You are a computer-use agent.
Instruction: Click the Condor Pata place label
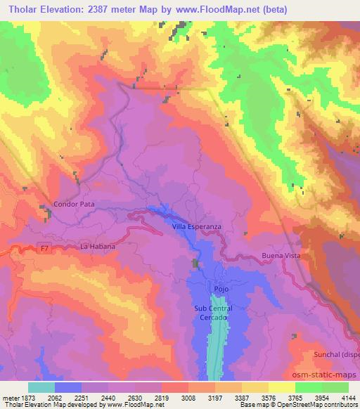[x=74, y=204]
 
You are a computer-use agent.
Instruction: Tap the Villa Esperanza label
[x=197, y=227]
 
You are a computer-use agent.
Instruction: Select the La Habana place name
[x=98, y=247]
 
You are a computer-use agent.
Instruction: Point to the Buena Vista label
[x=281, y=256]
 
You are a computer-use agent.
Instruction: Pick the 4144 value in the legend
[x=348, y=397]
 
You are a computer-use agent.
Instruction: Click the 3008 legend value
[x=188, y=397]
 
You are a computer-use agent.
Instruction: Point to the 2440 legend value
[x=108, y=397]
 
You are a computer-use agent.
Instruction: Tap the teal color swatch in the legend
[x=41, y=387]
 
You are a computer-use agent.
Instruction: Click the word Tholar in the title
[x=18, y=9]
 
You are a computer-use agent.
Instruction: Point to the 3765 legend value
[x=295, y=397]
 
